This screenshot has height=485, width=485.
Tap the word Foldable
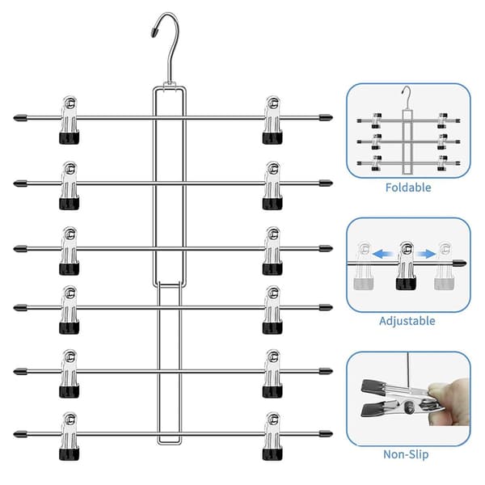[x=408, y=188]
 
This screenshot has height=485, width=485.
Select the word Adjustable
[x=407, y=321]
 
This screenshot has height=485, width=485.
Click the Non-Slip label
[x=406, y=454]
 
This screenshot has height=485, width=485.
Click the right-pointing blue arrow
[x=427, y=255]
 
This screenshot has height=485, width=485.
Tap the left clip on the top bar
[x=70, y=120]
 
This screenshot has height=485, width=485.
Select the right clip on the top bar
[x=272, y=120]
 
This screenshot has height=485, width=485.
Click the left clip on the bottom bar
[x=70, y=436]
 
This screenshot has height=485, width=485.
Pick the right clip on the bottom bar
[x=272, y=436]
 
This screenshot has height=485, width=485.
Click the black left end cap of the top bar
[x=20, y=118]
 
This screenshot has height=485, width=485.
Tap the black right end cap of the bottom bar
[x=326, y=433]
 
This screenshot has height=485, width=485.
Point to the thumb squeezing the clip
[x=448, y=389]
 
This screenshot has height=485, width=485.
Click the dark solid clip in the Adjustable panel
[x=407, y=265]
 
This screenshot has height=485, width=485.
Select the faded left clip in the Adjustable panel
[x=364, y=266]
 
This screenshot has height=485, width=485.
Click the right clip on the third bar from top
[x=272, y=251]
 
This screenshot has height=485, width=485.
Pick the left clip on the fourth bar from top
[x=70, y=310]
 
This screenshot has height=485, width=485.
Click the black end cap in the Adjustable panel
[x=460, y=264]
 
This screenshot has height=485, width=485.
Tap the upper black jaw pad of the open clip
[x=372, y=386]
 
